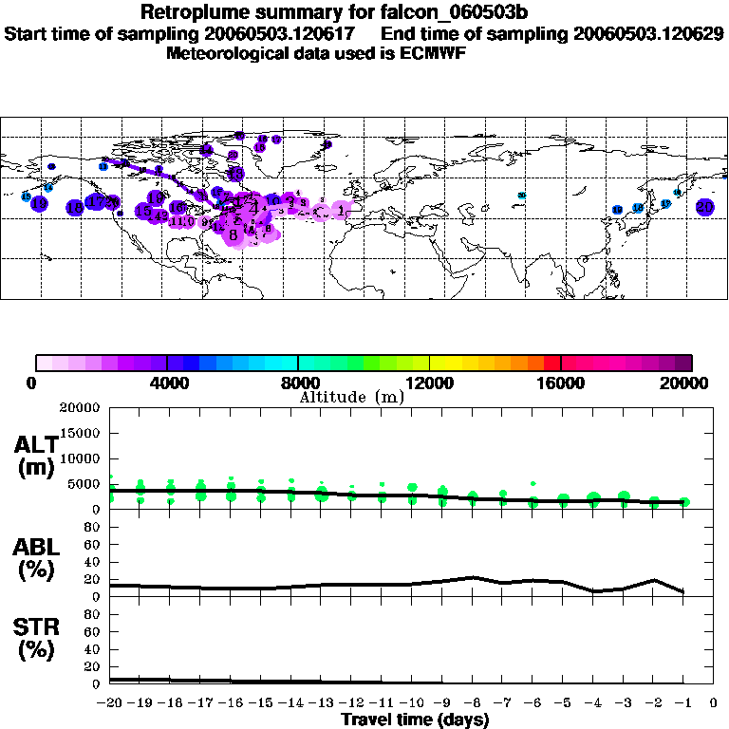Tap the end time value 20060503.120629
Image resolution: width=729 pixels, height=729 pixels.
(x=649, y=33)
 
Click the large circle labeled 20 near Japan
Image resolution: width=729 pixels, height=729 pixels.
(x=704, y=206)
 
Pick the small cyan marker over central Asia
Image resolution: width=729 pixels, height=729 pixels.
(x=521, y=196)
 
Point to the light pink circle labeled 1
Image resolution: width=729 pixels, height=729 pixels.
(x=342, y=212)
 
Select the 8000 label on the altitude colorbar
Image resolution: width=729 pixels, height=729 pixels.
(x=297, y=383)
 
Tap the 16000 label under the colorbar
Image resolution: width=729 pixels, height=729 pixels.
(x=560, y=383)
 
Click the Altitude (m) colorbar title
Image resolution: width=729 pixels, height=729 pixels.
(x=351, y=398)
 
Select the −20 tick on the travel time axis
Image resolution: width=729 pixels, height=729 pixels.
(x=111, y=702)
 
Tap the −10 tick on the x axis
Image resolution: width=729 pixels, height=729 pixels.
(x=412, y=702)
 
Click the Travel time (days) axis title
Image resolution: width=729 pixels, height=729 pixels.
(x=415, y=720)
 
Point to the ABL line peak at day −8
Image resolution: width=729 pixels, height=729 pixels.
(x=473, y=577)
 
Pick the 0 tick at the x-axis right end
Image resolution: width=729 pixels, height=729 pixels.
(x=714, y=702)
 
